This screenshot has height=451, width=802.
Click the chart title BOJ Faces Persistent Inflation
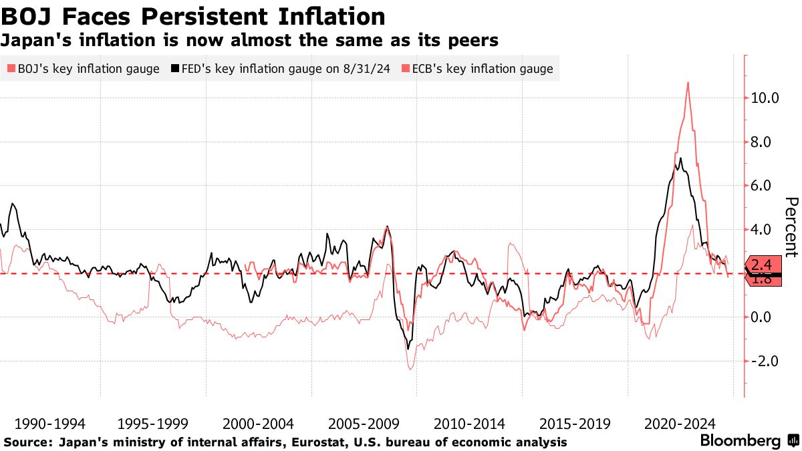click(x=193, y=16)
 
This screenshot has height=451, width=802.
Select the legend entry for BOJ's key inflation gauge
click(x=84, y=69)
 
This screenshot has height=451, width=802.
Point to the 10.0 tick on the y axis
click(x=765, y=98)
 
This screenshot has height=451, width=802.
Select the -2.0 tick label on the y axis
click(x=766, y=361)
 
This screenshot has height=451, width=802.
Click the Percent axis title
click(x=791, y=227)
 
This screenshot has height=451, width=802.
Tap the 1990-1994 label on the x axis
click(x=49, y=424)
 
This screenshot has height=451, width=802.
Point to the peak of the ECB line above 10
click(x=688, y=83)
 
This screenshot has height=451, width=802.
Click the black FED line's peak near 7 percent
click(x=680, y=158)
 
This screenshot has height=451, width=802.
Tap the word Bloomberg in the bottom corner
click(x=740, y=441)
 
